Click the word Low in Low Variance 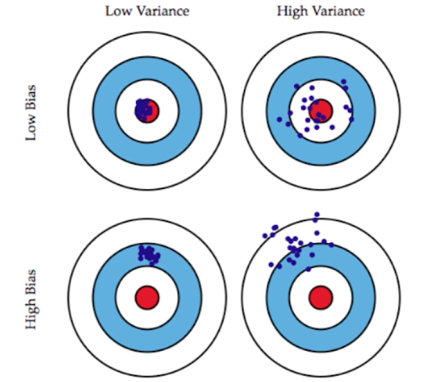tap(116, 11)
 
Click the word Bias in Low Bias tap(31, 96)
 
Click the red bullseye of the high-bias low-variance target tap(147, 297)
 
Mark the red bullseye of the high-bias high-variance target tap(321, 297)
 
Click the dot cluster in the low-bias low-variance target tap(144, 109)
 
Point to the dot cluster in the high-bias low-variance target tap(149, 254)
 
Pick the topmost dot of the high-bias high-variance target tap(317, 214)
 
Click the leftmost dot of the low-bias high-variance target tap(279, 119)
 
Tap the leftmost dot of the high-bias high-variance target tap(265, 236)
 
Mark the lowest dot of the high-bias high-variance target tap(308, 269)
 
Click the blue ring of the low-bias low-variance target tap(105, 110)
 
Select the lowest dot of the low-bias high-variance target tap(300, 135)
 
